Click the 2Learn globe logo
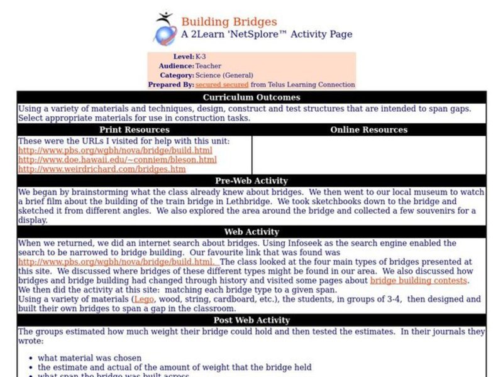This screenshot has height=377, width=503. click(165, 30)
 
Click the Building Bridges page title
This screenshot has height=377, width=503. click(229, 22)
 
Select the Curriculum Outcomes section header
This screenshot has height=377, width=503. click(251, 97)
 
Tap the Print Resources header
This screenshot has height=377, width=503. click(135, 130)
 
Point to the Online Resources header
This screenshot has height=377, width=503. click(368, 130)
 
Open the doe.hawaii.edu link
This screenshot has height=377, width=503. click(117, 160)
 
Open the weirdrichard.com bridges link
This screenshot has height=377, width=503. click(101, 169)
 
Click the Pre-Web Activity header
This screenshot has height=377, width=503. click(251, 181)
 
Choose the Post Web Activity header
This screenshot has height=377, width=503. click(251, 320)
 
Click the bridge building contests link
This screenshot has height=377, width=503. click(419, 280)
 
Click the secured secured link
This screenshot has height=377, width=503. click(221, 84)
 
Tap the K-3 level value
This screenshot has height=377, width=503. click(201, 57)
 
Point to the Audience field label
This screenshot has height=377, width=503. click(176, 66)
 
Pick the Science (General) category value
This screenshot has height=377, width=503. click(224, 75)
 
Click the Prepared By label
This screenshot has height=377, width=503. click(170, 84)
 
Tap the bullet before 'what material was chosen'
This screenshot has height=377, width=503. click(31, 358)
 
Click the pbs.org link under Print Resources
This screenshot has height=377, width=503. click(115, 150)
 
